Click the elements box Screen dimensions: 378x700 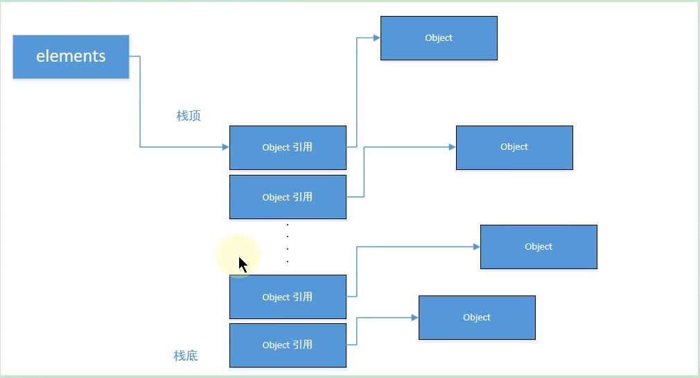tap(71, 56)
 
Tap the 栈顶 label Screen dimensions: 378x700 tap(189, 116)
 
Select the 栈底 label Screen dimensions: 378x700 tap(186, 356)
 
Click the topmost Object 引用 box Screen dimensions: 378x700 tap(288, 147)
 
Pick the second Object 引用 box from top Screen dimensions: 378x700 tap(288, 197)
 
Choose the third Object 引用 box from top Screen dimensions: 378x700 tap(288, 297)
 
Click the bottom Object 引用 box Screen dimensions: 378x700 tap(288, 345)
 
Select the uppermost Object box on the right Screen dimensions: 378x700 tap(439, 38)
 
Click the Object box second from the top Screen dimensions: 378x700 tap(514, 147)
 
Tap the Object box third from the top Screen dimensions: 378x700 tap(539, 247)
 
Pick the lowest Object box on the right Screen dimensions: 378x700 tap(477, 318)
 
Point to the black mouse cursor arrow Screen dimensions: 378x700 tap(243, 264)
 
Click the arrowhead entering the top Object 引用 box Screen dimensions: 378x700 tap(225, 147)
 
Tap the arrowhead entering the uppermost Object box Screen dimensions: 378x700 tap(376, 38)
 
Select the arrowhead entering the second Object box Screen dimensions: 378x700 tap(452, 147)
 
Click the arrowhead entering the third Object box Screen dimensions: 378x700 tap(476, 247)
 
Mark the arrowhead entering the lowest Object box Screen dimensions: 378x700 tap(414, 318)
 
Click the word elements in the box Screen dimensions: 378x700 tap(71, 56)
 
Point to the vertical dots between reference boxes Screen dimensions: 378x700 tap(288, 243)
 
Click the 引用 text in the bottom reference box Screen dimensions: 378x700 tap(302, 345)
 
